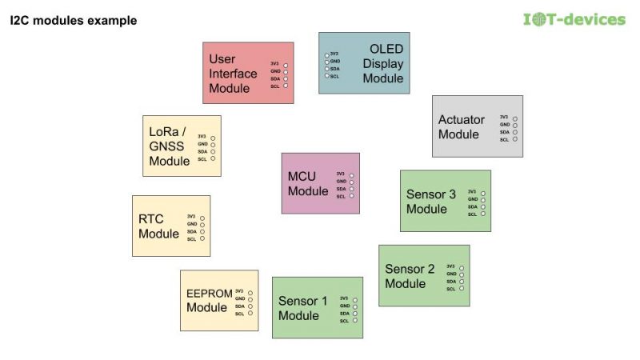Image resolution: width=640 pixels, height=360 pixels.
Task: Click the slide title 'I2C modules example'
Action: tap(73, 20)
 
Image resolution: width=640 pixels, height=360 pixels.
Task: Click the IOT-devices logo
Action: tap(574, 19)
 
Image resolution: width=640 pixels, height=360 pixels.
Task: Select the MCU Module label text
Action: tap(308, 184)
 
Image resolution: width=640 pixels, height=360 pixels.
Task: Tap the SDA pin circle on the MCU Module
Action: tap(351, 189)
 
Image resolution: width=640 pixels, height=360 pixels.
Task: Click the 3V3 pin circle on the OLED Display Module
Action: tap(326, 54)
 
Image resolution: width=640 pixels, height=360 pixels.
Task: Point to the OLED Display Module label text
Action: tap(383, 64)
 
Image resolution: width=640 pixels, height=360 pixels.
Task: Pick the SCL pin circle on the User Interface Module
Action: tap(286, 86)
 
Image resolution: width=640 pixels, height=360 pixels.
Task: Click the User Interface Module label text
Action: tap(233, 74)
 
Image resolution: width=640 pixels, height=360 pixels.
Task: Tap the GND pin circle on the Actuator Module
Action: tap(515, 125)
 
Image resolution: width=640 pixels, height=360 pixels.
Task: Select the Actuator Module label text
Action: tap(462, 127)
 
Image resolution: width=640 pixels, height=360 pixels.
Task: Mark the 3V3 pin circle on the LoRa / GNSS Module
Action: tap(213, 138)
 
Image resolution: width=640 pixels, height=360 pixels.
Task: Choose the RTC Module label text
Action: tap(158, 226)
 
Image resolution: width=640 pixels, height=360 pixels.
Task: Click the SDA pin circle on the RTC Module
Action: tap(202, 232)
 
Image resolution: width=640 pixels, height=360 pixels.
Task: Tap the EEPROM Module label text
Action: tap(207, 300)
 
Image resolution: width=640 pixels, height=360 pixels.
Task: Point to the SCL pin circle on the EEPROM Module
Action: tap(250, 314)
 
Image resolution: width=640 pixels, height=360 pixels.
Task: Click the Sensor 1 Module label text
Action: tap(303, 308)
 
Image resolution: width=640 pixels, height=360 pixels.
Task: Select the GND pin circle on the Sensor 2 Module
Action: tap(462, 274)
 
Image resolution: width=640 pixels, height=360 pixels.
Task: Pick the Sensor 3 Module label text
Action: tap(431, 202)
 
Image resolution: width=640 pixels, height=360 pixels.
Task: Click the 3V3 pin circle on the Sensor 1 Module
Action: tap(354, 299)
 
